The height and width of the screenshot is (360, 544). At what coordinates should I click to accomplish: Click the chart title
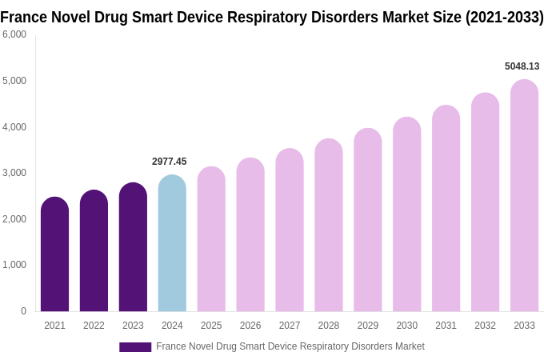pyautogui.click(x=272, y=17)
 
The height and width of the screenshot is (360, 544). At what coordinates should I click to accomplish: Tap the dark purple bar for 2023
pyautogui.click(x=133, y=247)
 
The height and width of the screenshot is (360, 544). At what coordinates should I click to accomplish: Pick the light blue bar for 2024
pyautogui.click(x=172, y=243)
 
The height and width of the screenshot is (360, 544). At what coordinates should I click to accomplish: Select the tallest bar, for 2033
pyautogui.click(x=524, y=196)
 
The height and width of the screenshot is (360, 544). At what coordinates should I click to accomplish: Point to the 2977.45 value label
pyautogui.click(x=169, y=162)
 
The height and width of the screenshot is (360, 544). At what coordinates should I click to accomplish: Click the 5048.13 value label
pyautogui.click(x=522, y=66)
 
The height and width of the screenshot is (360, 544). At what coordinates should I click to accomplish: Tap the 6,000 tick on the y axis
pyautogui.click(x=14, y=34)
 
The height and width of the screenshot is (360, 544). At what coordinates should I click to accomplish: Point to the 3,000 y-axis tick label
pyautogui.click(x=14, y=173)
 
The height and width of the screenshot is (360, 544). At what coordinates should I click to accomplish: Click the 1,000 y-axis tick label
pyautogui.click(x=14, y=265)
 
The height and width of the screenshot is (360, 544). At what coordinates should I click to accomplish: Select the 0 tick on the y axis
pyautogui.click(x=23, y=311)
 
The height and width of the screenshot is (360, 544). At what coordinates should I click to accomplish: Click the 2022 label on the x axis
pyautogui.click(x=94, y=326)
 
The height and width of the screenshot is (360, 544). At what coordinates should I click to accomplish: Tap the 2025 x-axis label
pyautogui.click(x=211, y=326)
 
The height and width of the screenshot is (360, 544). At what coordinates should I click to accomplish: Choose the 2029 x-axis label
pyautogui.click(x=368, y=326)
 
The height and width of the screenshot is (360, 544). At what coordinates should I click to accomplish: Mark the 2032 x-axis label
pyautogui.click(x=485, y=326)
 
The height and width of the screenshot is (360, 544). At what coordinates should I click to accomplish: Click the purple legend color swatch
pyautogui.click(x=135, y=347)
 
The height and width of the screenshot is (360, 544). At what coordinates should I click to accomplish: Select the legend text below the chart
pyautogui.click(x=290, y=346)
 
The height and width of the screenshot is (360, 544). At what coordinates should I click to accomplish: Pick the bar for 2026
pyautogui.click(x=250, y=235)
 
